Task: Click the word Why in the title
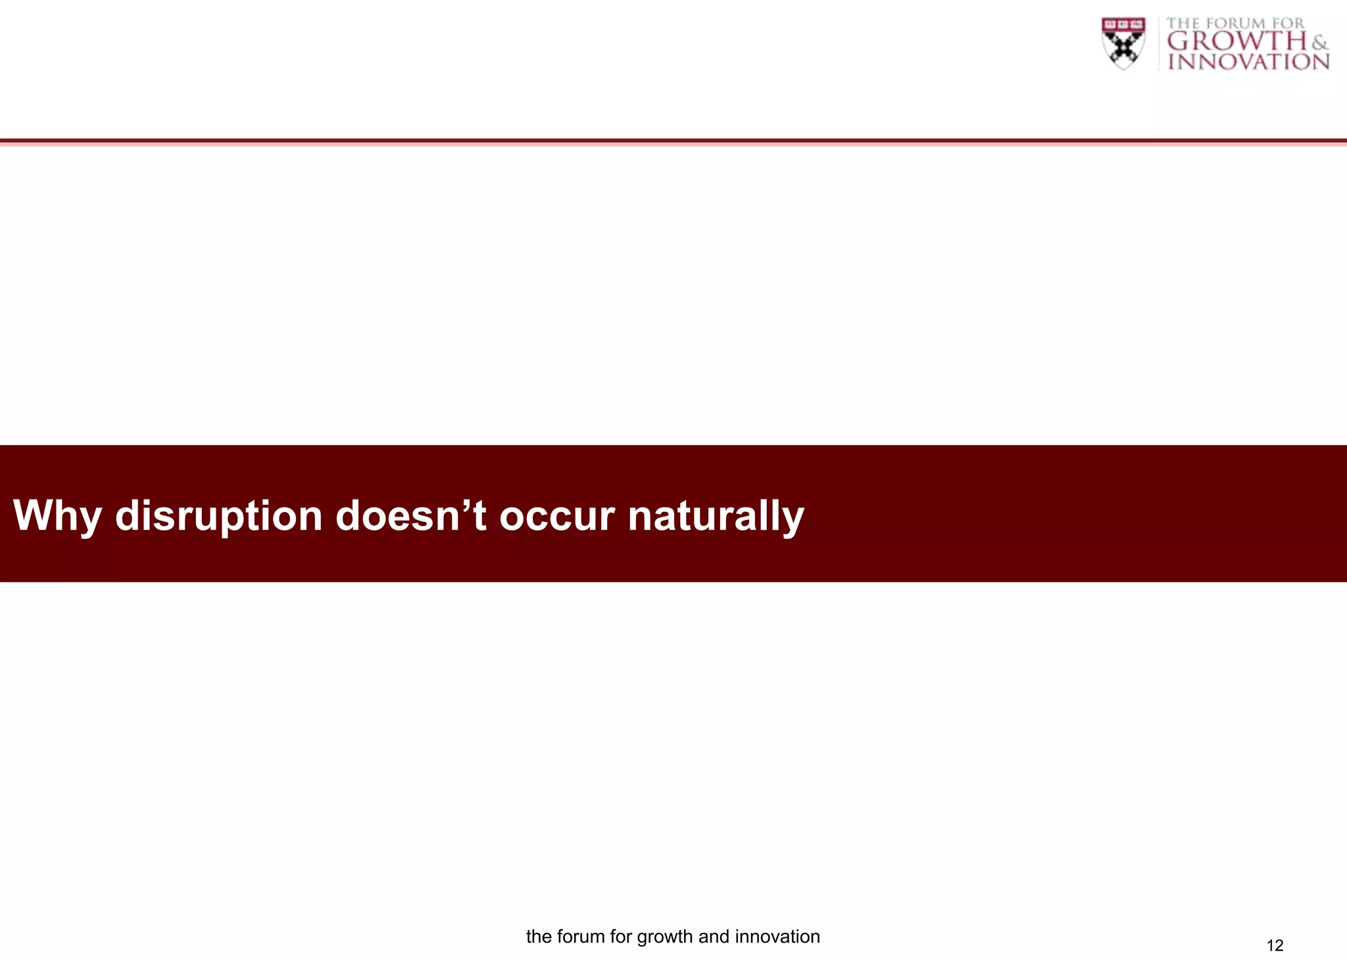coord(57,516)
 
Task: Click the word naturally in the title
coord(716,516)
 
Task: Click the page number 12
coord(1275,945)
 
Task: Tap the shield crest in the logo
coord(1123,43)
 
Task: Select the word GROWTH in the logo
coord(1237,41)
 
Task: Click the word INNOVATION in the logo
coord(1248,62)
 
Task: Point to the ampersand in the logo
coord(1319,43)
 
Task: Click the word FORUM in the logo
coord(1235,24)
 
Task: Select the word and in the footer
coord(714,936)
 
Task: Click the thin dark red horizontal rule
coord(673,141)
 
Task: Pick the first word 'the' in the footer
coord(539,936)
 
